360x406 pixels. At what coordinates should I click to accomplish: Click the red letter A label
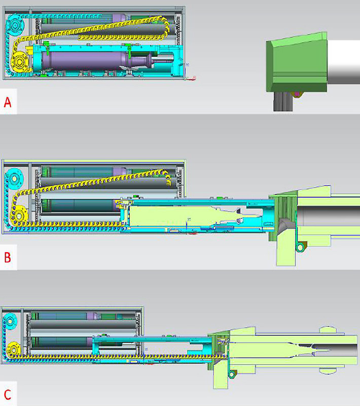[x=8, y=103]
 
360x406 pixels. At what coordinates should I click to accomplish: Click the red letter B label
[x=8, y=257]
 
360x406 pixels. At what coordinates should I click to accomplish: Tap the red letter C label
[x=8, y=394]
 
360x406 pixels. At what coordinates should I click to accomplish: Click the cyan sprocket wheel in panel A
[x=15, y=25]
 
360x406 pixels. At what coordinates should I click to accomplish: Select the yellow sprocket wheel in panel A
[x=19, y=62]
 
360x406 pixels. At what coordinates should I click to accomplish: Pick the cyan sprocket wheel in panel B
[x=14, y=179]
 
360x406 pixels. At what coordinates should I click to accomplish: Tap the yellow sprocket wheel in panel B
[x=18, y=215]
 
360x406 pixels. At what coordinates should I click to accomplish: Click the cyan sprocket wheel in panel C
[x=10, y=321]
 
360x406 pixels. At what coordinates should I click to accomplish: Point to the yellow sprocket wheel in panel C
[x=13, y=350]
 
